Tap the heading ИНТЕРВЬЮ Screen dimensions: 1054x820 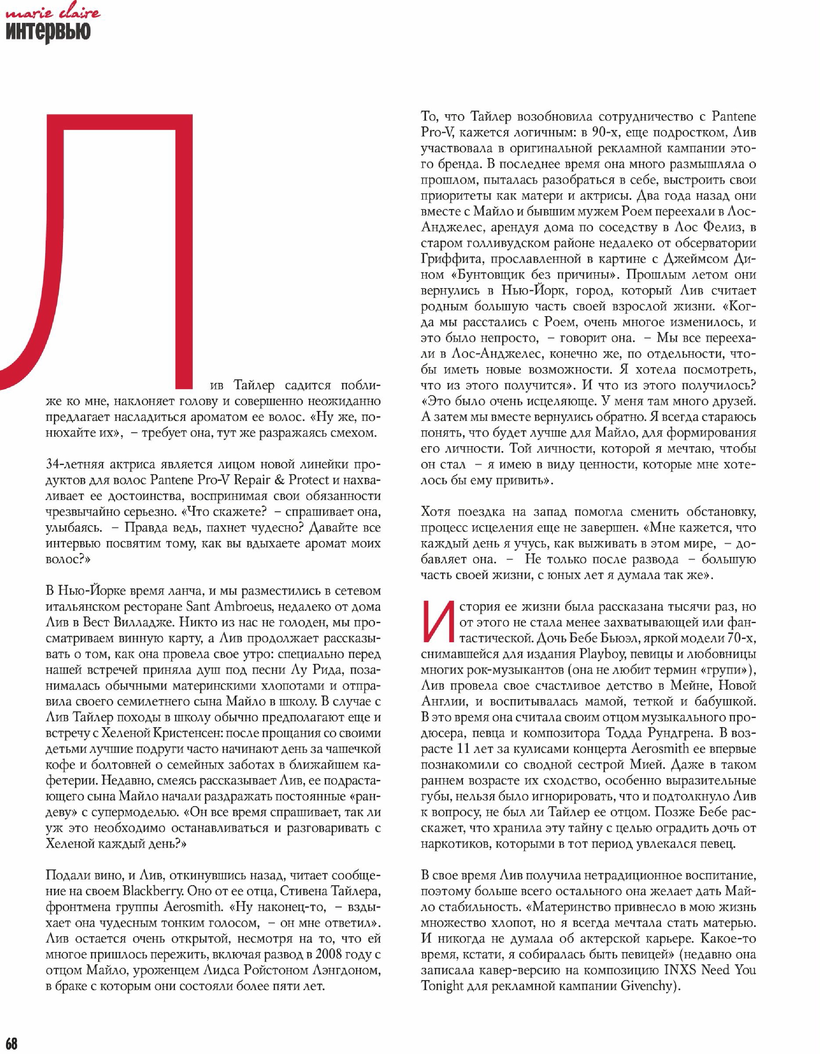48,32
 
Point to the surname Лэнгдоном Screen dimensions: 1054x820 334,970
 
